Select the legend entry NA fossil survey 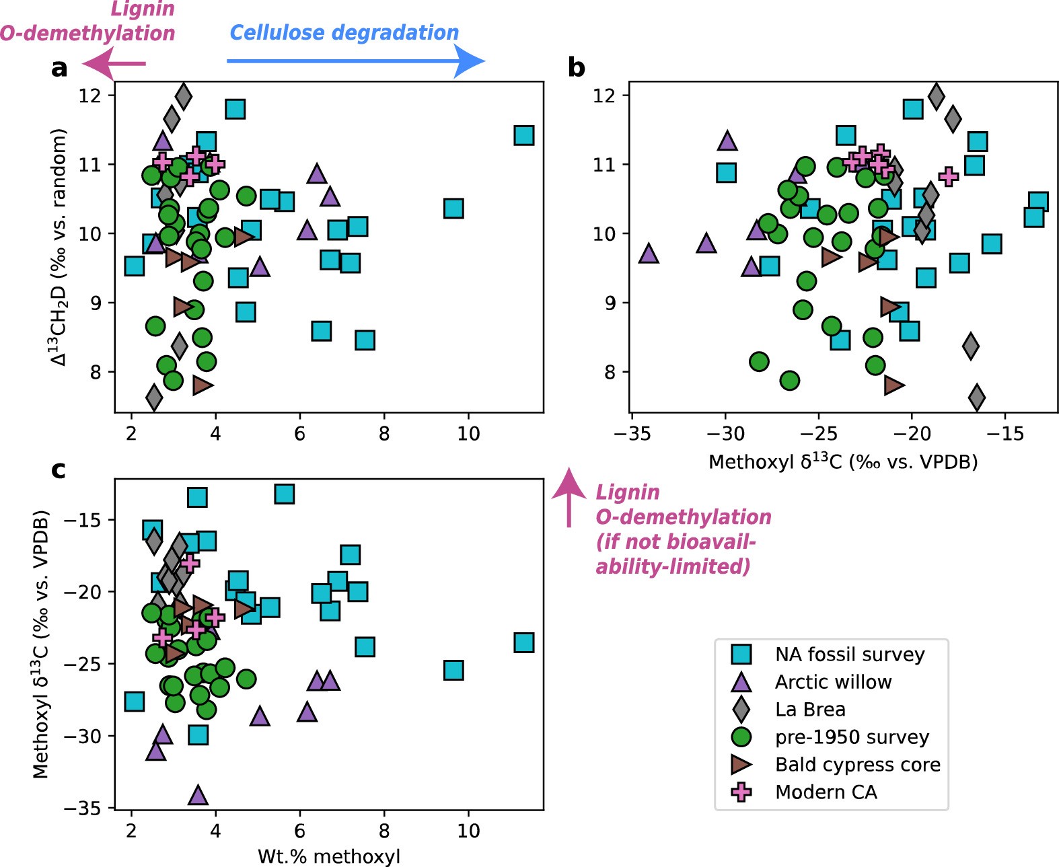tap(849, 654)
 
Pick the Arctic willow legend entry tap(832, 681)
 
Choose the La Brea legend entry tap(809, 709)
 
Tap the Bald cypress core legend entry tap(857, 764)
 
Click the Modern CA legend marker tap(741, 792)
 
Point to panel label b tap(576, 67)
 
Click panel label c tap(59, 469)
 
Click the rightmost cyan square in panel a tap(523, 135)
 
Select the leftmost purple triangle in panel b tap(648, 254)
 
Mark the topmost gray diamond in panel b tap(936, 96)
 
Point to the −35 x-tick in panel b tap(631, 434)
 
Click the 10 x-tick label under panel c tap(468, 831)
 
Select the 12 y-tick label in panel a tap(89, 96)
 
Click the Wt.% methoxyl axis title tap(328, 856)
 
